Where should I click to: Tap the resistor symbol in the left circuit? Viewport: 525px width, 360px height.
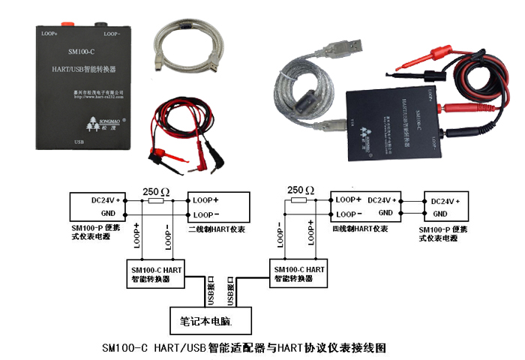[x=156, y=201]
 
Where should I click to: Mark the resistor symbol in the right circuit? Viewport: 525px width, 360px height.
[x=298, y=201]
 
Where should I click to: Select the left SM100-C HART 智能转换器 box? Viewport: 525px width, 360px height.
[x=156, y=273]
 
